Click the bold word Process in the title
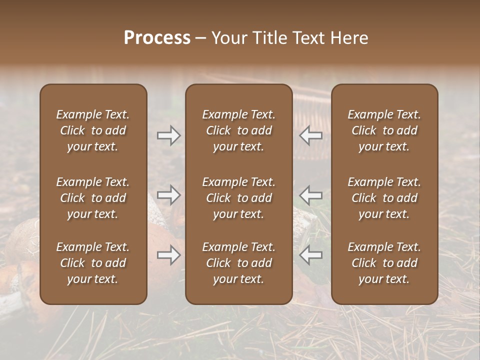click(157, 38)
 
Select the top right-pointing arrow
click(169, 135)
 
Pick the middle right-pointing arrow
click(169, 195)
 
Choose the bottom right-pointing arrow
click(169, 255)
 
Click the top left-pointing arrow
click(310, 135)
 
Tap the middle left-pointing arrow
click(310, 195)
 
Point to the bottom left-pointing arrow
click(310, 255)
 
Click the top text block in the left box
click(93, 130)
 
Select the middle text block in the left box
click(93, 198)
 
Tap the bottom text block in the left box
click(93, 263)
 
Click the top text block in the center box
click(238, 130)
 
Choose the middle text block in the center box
click(238, 198)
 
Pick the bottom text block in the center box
click(238, 263)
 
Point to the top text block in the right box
click(384, 130)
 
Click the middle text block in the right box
click(384, 198)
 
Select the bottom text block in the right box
click(384, 263)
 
